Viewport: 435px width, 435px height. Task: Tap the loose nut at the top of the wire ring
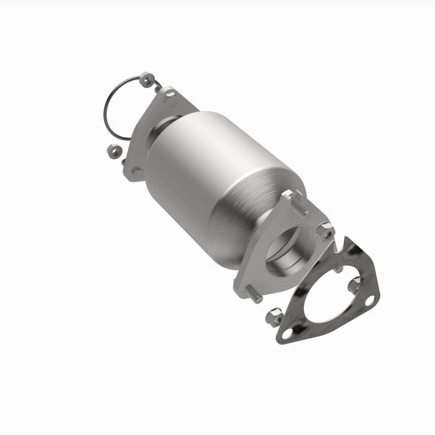tap(146, 81)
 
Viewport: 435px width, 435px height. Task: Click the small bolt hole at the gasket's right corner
tap(370, 299)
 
